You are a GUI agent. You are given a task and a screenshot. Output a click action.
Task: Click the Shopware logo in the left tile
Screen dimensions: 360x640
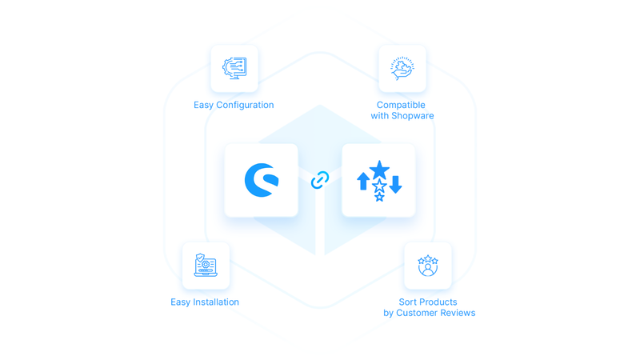pos(262,180)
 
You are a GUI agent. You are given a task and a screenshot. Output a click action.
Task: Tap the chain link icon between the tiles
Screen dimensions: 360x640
pos(320,180)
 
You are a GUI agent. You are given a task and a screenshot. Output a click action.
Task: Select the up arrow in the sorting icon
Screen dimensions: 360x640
pos(363,181)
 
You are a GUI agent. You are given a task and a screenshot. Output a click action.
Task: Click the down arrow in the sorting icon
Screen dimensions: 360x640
pos(394,184)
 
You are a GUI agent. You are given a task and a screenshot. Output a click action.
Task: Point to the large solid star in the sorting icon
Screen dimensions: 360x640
pos(379,170)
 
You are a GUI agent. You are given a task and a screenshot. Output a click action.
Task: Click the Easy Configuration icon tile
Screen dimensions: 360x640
pos(234,68)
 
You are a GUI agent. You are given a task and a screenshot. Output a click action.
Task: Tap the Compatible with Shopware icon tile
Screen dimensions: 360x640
pos(402,68)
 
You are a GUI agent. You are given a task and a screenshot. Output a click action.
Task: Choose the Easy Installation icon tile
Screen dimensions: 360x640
pos(206,266)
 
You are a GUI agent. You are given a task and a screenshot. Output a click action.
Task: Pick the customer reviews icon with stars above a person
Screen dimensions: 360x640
pos(428,266)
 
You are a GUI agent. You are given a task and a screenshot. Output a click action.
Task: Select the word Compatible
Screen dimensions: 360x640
pos(402,105)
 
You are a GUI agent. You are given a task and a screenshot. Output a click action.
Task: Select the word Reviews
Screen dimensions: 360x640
pos(459,313)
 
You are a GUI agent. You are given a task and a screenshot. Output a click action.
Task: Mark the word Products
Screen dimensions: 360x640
pos(440,302)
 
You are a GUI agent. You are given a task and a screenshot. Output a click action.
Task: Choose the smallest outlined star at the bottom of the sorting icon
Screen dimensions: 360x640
pos(379,197)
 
